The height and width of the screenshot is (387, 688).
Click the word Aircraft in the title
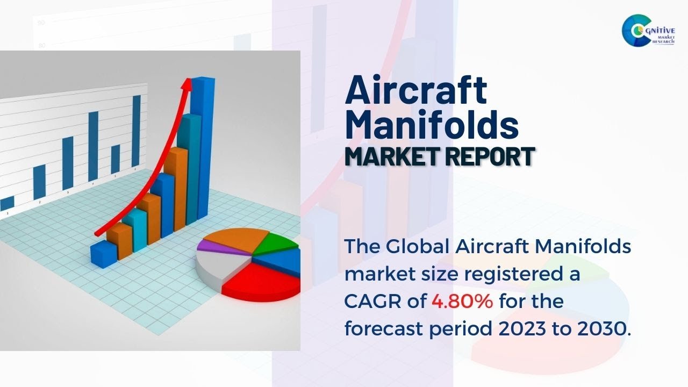(416, 90)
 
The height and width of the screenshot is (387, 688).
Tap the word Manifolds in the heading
(431, 125)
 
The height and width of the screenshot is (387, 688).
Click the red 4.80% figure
(462, 302)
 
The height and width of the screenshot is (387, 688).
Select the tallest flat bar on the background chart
(137, 132)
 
